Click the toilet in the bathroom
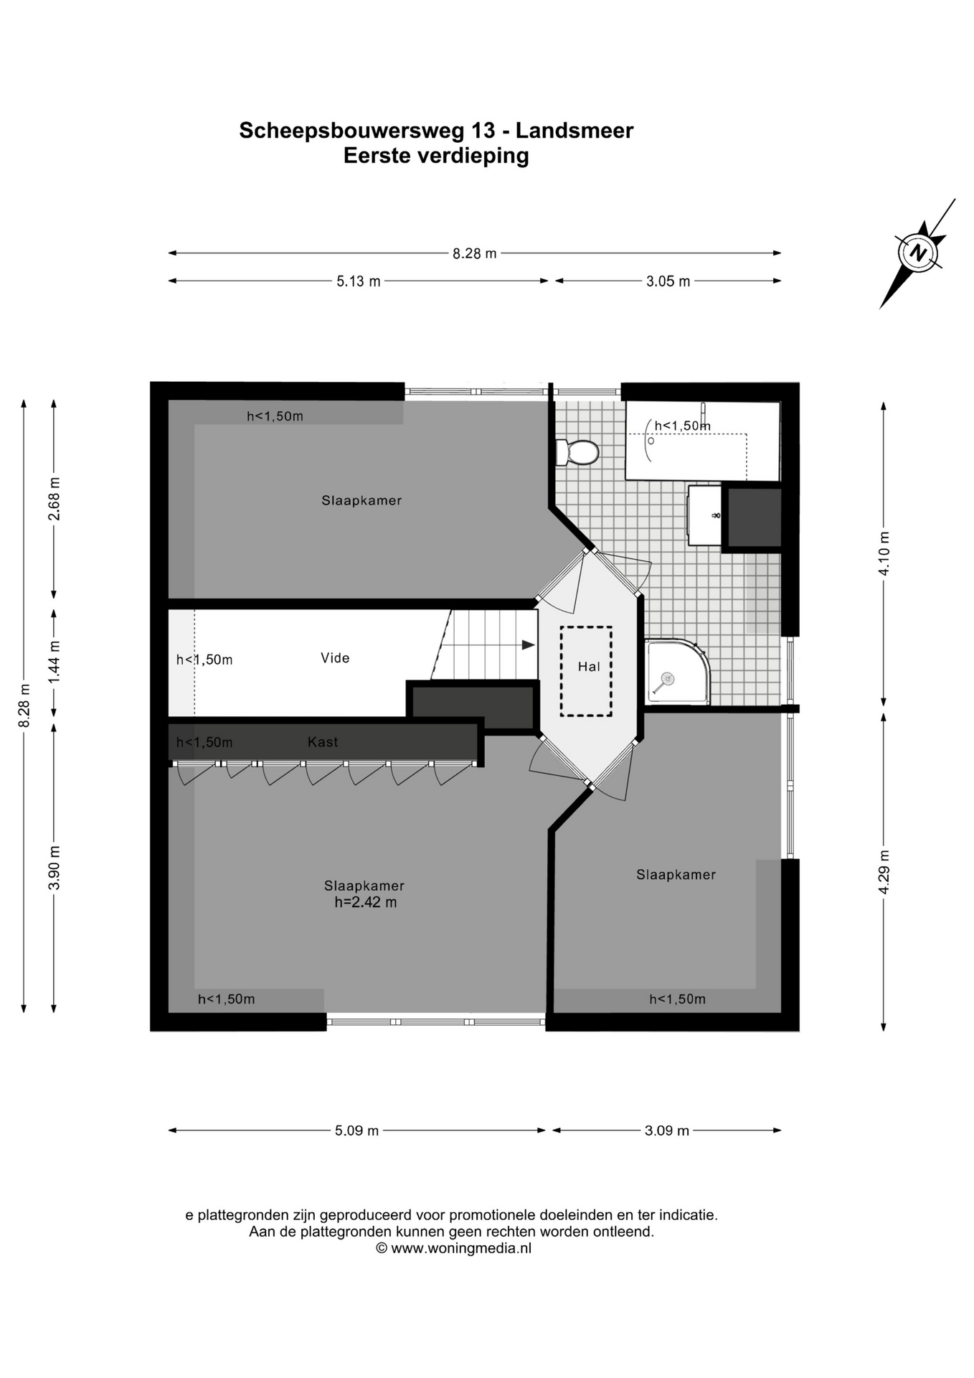[x=577, y=452]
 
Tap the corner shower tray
[x=677, y=672]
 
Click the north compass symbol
[x=918, y=253]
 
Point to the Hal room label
[x=589, y=667]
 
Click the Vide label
[x=335, y=658]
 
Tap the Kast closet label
[x=323, y=742]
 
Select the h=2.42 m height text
[x=365, y=902]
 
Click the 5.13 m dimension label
[x=359, y=281]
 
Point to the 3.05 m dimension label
[x=668, y=281]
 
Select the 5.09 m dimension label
[x=356, y=1130]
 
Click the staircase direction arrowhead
[x=529, y=645]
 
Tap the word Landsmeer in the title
[x=575, y=131]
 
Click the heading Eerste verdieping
[x=436, y=156]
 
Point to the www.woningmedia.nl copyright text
[x=454, y=1248]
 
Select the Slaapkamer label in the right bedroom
[x=676, y=874]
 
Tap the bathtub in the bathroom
[x=703, y=441]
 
